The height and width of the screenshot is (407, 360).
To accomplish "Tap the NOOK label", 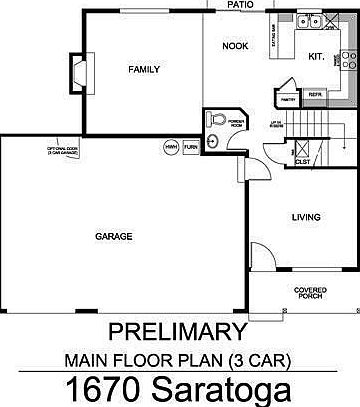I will point(234,44).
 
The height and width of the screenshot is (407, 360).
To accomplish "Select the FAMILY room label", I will point(143,69).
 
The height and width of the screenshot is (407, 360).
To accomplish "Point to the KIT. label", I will point(314,57).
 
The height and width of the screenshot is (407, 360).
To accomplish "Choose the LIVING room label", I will point(305,216).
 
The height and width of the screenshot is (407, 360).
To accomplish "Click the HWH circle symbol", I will point(171,147).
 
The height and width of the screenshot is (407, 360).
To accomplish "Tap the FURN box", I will point(190,147).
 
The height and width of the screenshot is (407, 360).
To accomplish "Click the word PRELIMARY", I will point(180,330).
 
